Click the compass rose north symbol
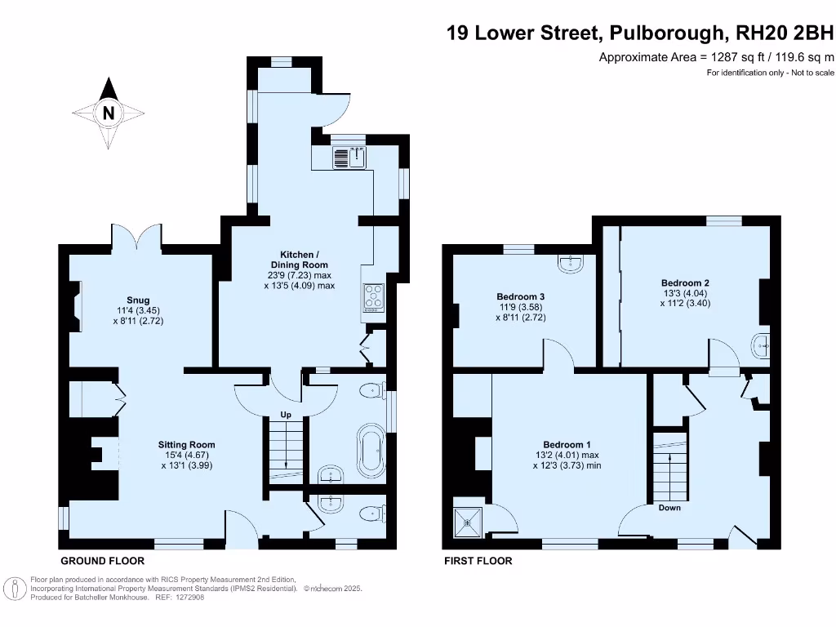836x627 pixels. (109, 113)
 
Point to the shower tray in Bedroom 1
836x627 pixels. (470, 518)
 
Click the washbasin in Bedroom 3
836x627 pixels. (569, 263)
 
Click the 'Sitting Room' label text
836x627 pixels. (186, 445)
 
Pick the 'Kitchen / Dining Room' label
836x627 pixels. (300, 260)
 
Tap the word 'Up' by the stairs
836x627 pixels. (286, 415)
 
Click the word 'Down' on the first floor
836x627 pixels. (669, 507)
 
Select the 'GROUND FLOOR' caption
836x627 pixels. (103, 561)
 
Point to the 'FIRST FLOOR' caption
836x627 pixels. (478, 561)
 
